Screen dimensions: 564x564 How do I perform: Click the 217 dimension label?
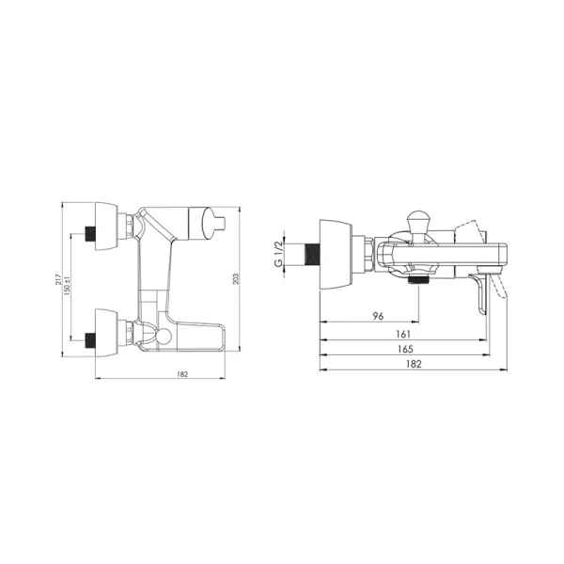(x=58, y=280)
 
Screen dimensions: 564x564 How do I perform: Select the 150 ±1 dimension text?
(x=67, y=287)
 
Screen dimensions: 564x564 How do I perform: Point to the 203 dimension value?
(x=236, y=279)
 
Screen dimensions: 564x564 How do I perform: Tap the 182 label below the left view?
(x=182, y=374)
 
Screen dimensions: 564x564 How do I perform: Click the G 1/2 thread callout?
(x=278, y=254)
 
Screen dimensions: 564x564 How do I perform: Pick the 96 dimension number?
(x=378, y=316)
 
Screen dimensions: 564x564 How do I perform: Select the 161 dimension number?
(x=403, y=334)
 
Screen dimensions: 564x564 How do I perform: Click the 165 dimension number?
(x=405, y=349)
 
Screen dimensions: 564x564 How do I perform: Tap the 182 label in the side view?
(x=414, y=364)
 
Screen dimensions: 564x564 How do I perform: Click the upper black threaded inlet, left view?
(x=90, y=234)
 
